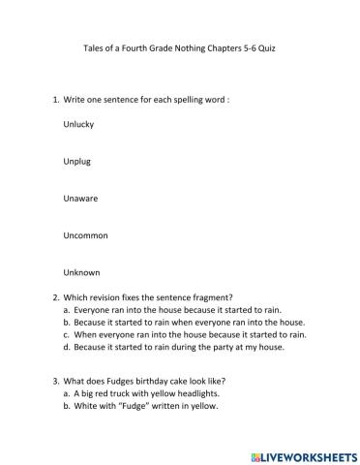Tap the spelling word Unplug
tap(77, 162)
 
